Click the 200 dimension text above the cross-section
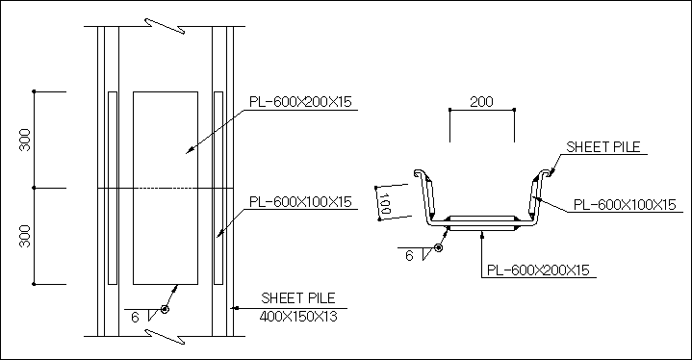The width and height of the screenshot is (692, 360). click(x=481, y=102)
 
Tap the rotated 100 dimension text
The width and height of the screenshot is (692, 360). click(x=384, y=203)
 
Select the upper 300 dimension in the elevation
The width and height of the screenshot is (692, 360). click(x=25, y=140)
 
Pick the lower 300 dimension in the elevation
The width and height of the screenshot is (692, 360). click(x=25, y=236)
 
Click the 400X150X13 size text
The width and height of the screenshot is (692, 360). click(x=298, y=317)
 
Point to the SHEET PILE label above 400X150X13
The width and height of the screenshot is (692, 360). click(x=298, y=298)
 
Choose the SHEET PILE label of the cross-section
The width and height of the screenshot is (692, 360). click(x=603, y=147)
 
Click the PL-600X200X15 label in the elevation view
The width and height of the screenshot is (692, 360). click(x=300, y=102)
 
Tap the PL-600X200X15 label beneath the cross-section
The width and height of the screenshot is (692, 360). click(x=538, y=270)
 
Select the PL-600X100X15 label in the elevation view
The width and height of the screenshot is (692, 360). click(x=300, y=201)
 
